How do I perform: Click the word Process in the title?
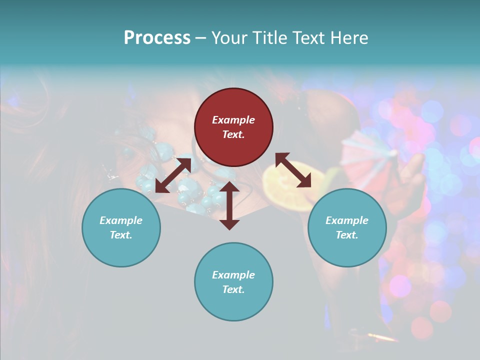coord(157,38)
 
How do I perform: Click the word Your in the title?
coord(228,38)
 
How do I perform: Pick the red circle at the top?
coord(233,127)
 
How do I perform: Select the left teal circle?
coord(121,227)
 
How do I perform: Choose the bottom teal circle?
coord(233,282)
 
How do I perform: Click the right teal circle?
coord(347,227)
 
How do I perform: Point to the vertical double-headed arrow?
coord(229,205)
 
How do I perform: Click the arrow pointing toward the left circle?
coord(173,175)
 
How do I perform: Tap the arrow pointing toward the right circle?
coord(293,170)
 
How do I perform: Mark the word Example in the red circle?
coord(233,120)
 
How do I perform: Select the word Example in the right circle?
coord(347,220)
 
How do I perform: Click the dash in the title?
coord(200,38)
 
